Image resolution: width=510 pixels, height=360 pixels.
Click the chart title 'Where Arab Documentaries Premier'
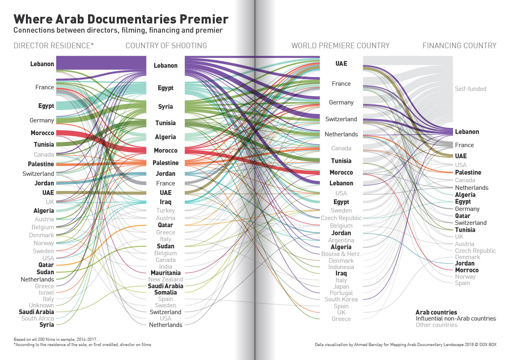point(121,19)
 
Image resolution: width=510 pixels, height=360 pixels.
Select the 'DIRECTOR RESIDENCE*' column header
point(54,45)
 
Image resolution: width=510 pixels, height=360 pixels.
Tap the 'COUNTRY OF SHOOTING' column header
point(166,45)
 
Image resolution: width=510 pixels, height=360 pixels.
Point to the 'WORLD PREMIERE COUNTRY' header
point(340,45)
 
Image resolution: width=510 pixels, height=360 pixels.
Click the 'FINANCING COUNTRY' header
point(459,45)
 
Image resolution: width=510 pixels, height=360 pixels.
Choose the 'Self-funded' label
point(471,89)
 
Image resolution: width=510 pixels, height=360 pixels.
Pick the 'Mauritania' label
point(165,273)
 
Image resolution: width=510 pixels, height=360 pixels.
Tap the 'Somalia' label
point(165,292)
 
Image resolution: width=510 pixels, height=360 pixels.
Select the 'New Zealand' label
point(165,279)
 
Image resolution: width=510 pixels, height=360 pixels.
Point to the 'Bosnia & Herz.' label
point(341,254)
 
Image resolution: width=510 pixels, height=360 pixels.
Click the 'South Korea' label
point(341,299)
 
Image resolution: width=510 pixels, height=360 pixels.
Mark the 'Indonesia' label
point(341,267)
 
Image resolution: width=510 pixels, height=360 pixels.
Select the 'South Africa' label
point(37,319)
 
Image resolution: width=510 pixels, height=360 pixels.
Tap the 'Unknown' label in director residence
point(41,305)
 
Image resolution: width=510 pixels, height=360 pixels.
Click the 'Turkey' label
point(165,210)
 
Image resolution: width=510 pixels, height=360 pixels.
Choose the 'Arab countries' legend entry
point(436,312)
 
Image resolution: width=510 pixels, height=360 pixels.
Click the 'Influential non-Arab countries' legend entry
point(456,319)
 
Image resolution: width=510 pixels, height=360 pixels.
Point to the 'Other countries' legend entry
point(436,325)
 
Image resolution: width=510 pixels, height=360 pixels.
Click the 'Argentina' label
point(341,240)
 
